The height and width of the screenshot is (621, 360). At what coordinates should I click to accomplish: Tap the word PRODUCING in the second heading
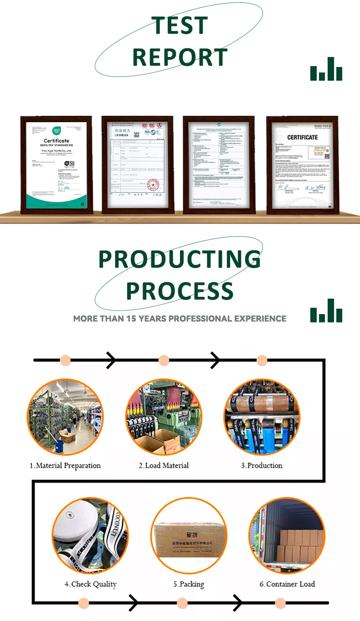[x=180, y=259]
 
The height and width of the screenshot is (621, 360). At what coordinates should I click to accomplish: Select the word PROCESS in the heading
[x=180, y=291]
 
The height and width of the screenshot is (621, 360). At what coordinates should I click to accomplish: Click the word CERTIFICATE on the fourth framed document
[x=302, y=137]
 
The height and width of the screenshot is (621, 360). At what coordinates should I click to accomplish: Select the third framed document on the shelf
[x=218, y=164]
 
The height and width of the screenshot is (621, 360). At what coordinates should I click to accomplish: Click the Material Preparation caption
[x=65, y=466]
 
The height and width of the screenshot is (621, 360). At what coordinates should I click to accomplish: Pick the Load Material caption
[x=164, y=466]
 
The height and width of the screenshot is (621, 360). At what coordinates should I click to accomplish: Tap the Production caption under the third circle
[x=262, y=466]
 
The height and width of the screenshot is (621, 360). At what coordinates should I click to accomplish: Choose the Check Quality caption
[x=90, y=584]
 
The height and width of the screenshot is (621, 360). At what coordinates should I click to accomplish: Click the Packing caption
[x=188, y=584]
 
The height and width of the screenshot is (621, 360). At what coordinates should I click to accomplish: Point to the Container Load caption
[x=287, y=584]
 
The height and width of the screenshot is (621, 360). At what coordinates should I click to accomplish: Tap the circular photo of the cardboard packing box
[x=189, y=536]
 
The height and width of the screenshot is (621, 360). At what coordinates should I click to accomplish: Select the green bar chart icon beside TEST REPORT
[x=326, y=69]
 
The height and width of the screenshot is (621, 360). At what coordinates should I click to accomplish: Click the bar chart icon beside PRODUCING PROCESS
[x=326, y=311]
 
